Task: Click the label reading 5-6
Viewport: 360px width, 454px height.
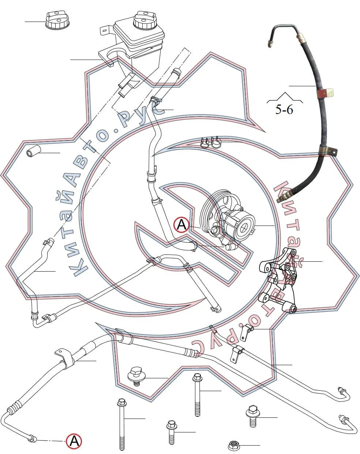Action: coord(284,110)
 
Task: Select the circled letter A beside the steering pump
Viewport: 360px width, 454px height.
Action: coord(181,225)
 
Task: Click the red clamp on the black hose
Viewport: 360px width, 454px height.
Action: coord(325,93)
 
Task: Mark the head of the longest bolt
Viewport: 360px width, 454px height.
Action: coord(122,402)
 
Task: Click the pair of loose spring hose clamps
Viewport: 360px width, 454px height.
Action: coord(210,143)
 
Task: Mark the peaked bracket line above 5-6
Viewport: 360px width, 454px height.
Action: coord(285,98)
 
